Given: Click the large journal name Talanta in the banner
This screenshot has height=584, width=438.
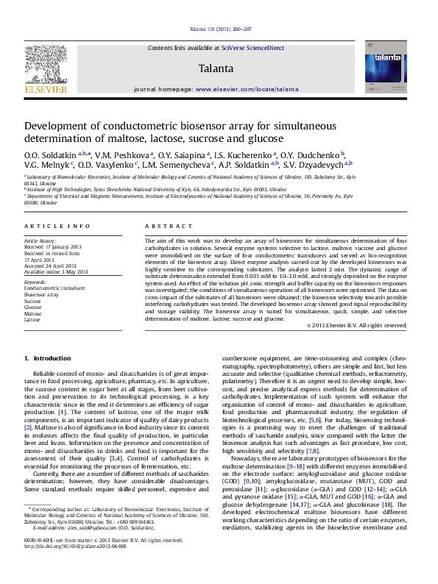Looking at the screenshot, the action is click(216, 69).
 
